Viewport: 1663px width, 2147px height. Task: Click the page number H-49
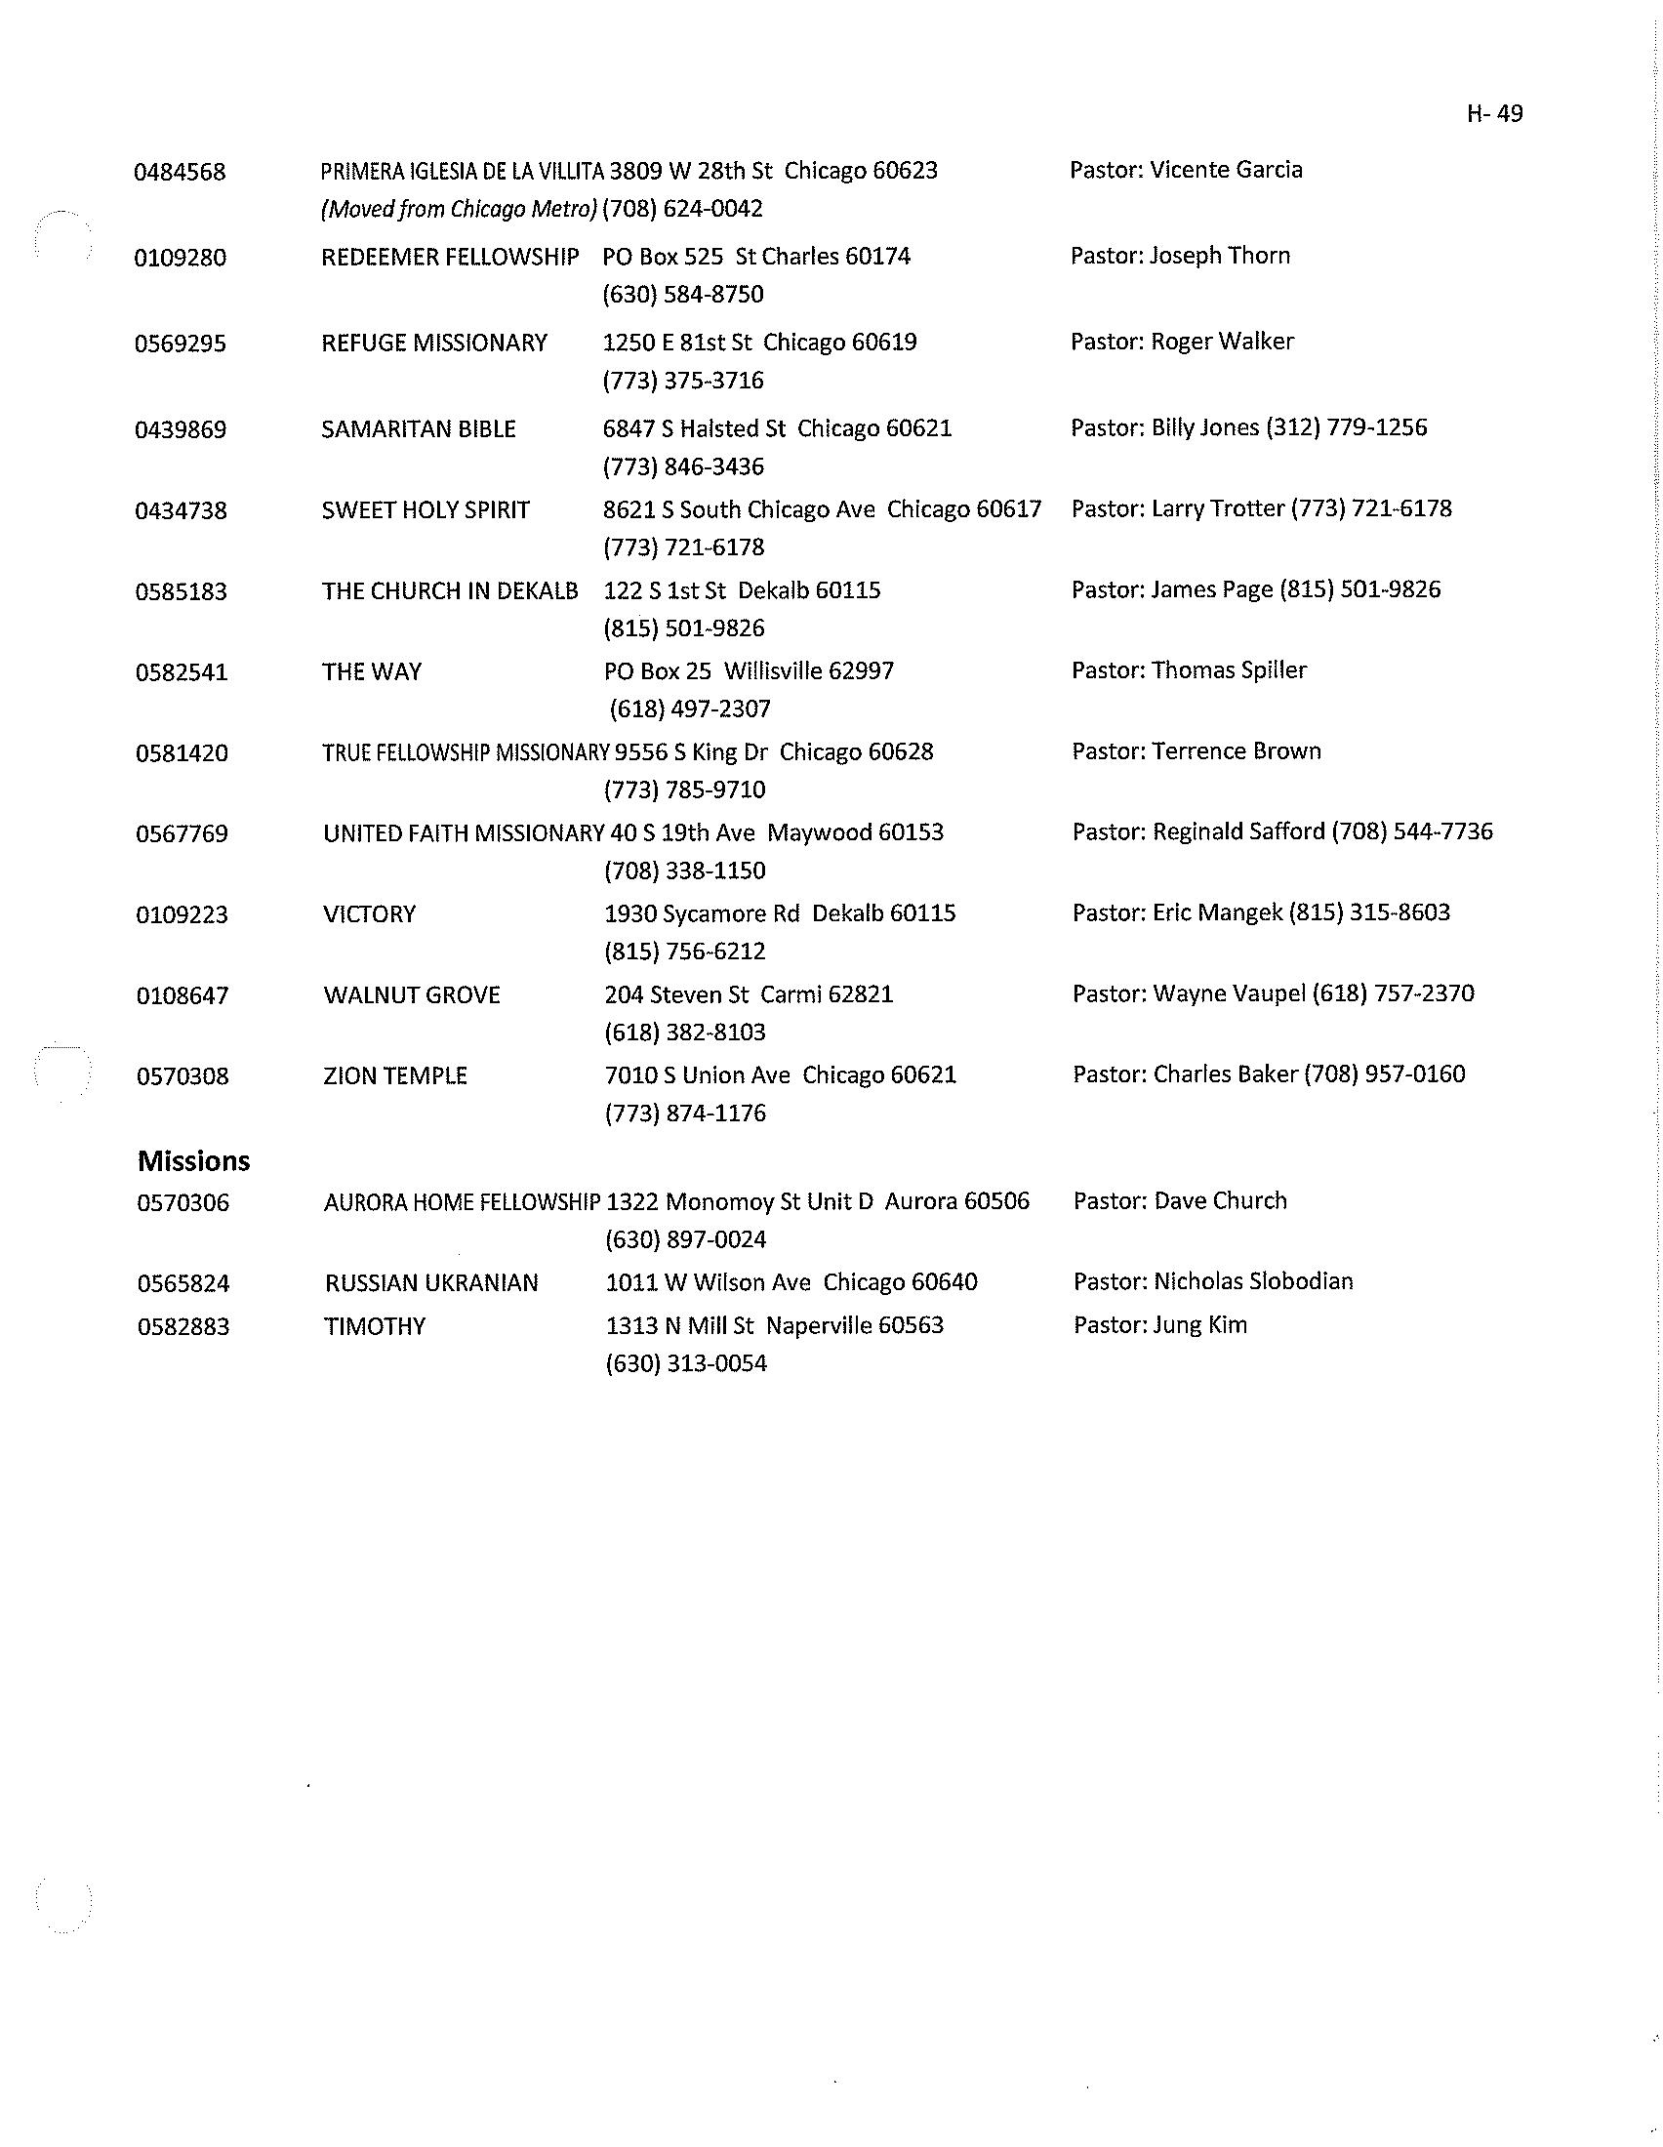click(x=1494, y=114)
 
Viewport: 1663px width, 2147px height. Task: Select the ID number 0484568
click(x=180, y=172)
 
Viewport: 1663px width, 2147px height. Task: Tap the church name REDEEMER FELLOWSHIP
click(x=449, y=257)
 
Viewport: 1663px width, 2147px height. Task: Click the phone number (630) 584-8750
click(x=683, y=295)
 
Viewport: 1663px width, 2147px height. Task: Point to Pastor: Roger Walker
click(x=1182, y=342)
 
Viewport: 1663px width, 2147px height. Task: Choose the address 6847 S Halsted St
click(x=694, y=428)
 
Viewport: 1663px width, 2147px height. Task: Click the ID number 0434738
click(x=181, y=511)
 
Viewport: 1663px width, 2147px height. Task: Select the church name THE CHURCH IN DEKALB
click(x=449, y=590)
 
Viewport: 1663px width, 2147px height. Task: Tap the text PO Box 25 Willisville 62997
click(x=749, y=671)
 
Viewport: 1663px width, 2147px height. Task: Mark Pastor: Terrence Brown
click(x=1197, y=751)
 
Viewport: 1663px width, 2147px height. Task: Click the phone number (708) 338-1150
click(x=684, y=871)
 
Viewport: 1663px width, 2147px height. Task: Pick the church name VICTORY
click(x=369, y=914)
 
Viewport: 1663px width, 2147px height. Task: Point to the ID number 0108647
click(x=182, y=995)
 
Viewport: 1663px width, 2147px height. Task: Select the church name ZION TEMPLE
click(x=395, y=1075)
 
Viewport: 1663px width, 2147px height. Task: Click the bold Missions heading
click(x=193, y=1161)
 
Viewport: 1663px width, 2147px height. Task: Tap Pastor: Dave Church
click(x=1180, y=1200)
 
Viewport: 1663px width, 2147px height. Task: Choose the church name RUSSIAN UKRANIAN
click(x=431, y=1283)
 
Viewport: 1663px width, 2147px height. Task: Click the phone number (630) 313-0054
click(x=686, y=1363)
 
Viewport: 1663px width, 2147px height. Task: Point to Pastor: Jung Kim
click(x=1159, y=1324)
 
